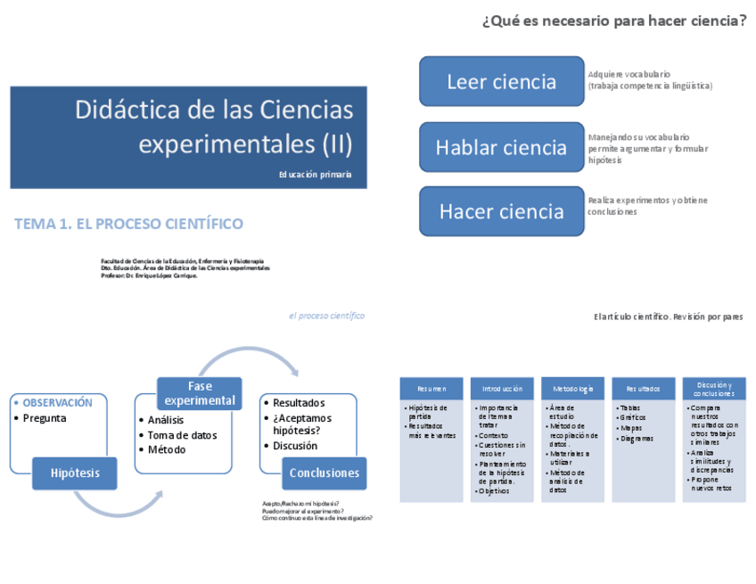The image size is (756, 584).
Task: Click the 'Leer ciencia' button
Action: [501, 82]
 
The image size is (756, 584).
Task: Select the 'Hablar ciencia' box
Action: [501, 148]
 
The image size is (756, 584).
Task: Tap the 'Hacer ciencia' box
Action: [501, 211]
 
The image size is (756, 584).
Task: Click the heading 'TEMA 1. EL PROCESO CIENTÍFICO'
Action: [128, 224]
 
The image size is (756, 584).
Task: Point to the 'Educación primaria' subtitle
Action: [315, 175]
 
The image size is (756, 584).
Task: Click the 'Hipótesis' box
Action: [75, 473]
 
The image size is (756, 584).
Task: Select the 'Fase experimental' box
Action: [200, 393]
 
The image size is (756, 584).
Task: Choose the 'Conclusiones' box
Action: [325, 473]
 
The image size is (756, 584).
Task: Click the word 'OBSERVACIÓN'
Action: [57, 403]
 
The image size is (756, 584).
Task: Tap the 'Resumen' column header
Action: [431, 389]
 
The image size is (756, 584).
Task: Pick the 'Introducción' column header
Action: [503, 389]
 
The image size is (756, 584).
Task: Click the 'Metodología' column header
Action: [572, 389]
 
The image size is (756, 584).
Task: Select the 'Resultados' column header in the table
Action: [643, 389]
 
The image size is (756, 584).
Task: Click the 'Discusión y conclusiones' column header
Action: [714, 389]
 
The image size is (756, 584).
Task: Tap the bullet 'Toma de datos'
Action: [182, 435]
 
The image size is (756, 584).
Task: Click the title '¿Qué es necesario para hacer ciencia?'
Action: [613, 21]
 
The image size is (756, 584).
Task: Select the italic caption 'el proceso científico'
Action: [326, 316]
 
